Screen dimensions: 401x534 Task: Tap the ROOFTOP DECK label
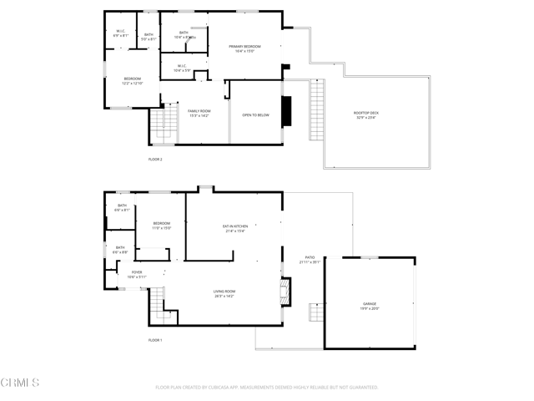365,114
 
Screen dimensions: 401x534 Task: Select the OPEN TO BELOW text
255,115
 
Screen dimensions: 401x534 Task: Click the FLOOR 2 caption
155,159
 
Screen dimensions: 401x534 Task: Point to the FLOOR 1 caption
155,340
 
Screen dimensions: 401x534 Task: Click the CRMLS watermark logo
20,383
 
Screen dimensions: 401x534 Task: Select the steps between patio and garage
315,312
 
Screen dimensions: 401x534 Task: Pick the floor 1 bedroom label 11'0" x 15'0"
161,226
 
